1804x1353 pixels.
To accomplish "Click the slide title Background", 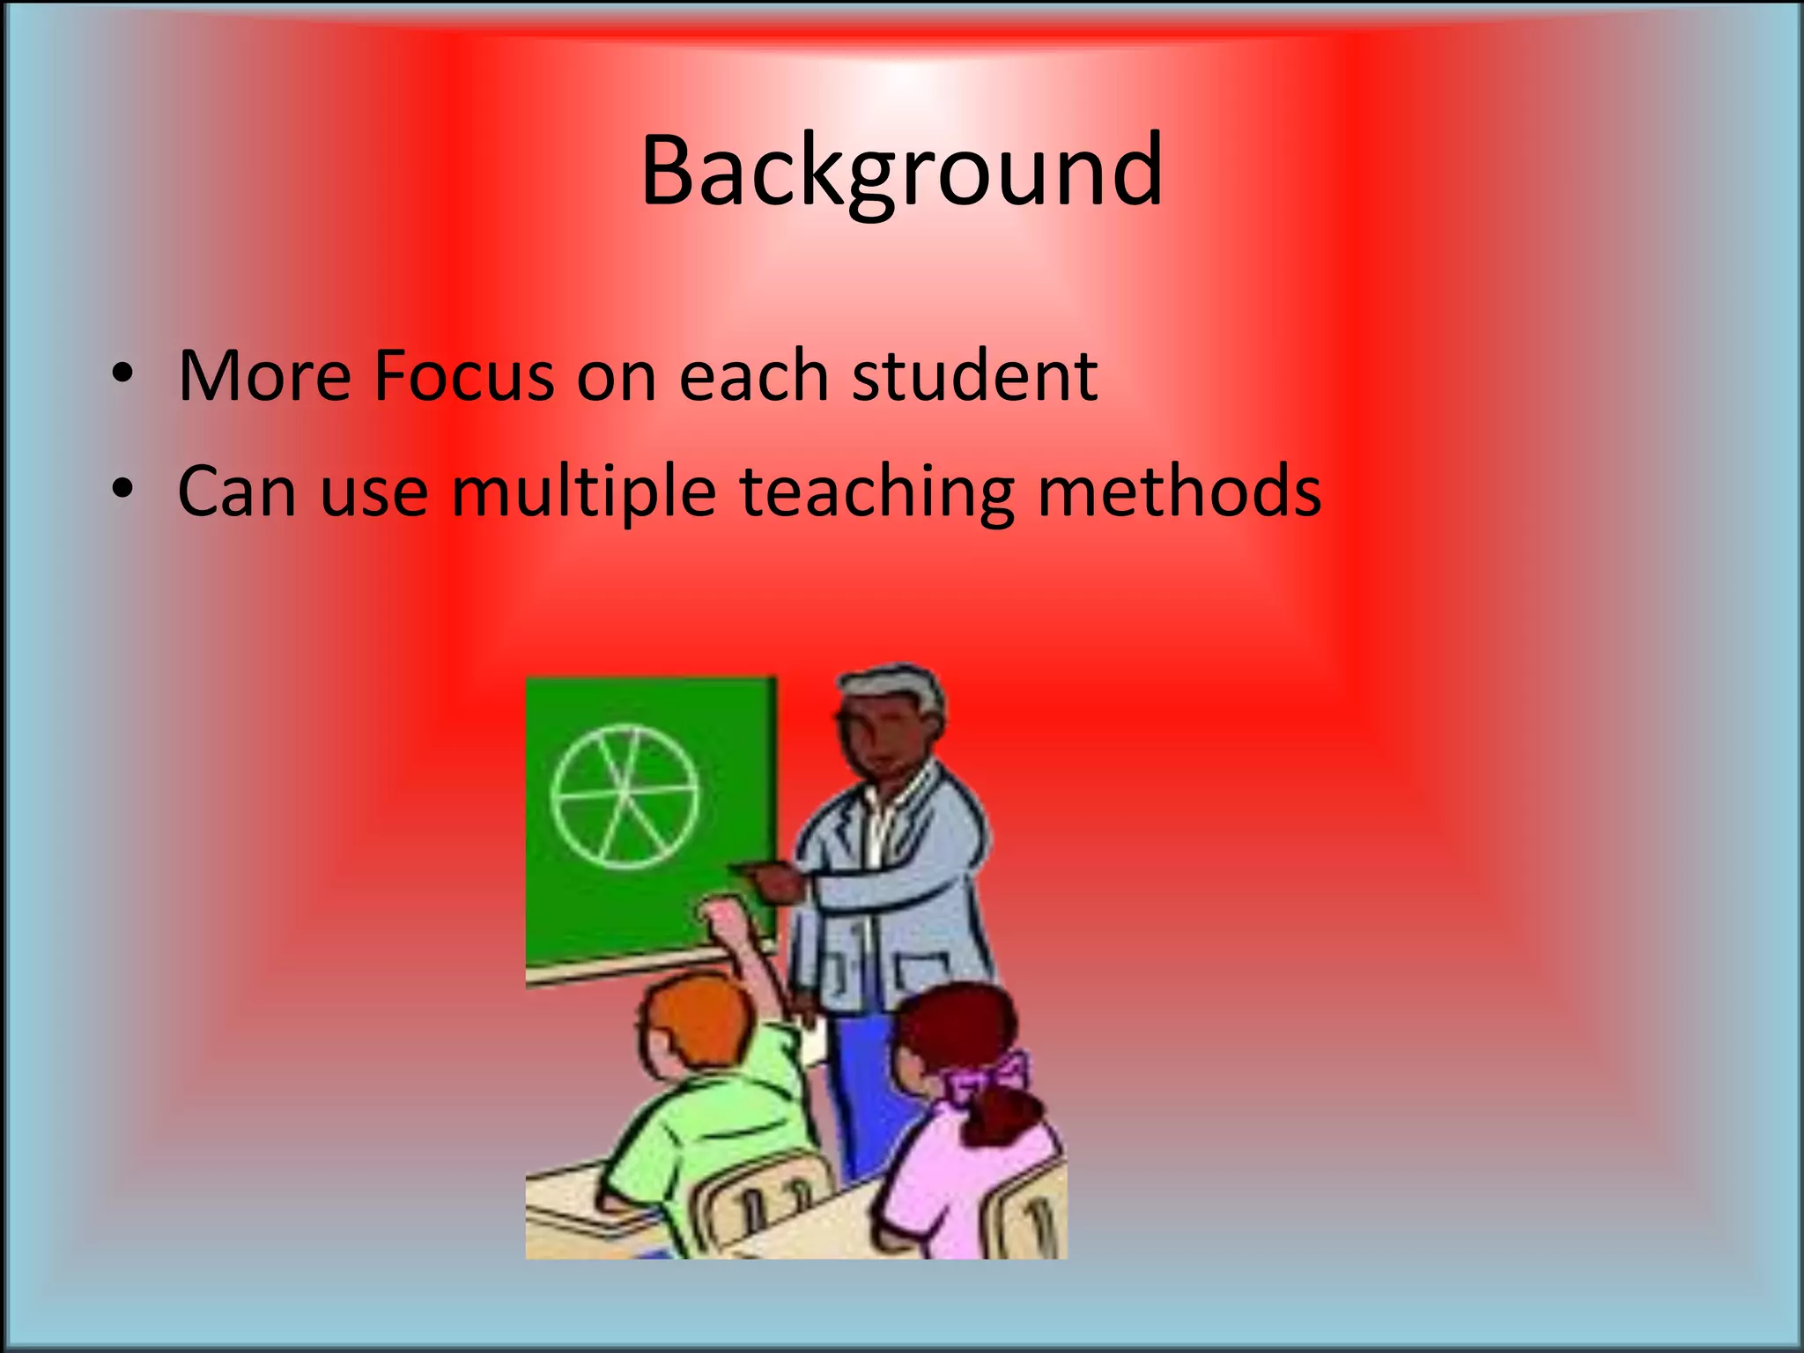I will click(901, 172).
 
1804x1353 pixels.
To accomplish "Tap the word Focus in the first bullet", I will click(463, 376).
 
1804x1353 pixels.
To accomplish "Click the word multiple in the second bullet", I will click(584, 492).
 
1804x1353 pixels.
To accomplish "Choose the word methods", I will click(1179, 492).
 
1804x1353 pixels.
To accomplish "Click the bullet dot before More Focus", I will click(122, 374).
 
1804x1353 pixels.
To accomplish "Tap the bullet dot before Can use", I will click(122, 489).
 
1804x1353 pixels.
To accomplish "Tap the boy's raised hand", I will click(727, 920).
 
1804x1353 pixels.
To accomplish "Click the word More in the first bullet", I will click(264, 376).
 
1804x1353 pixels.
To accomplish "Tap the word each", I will click(753, 376).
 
